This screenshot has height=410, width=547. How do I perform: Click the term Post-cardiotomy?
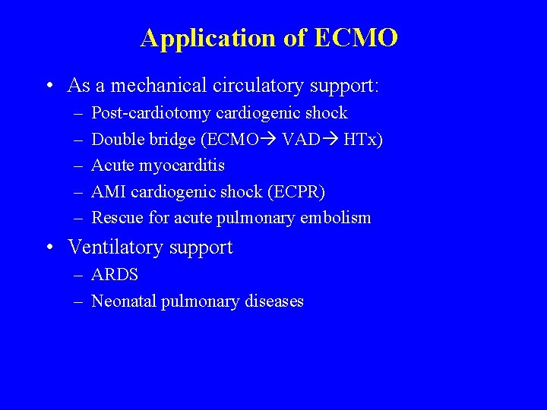click(x=151, y=113)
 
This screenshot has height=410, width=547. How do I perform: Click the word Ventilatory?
click(x=115, y=248)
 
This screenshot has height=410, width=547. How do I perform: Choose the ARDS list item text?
click(x=115, y=275)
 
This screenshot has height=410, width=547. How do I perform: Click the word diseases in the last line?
click(x=274, y=301)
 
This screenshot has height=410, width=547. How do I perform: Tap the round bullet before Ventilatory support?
click(x=49, y=248)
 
